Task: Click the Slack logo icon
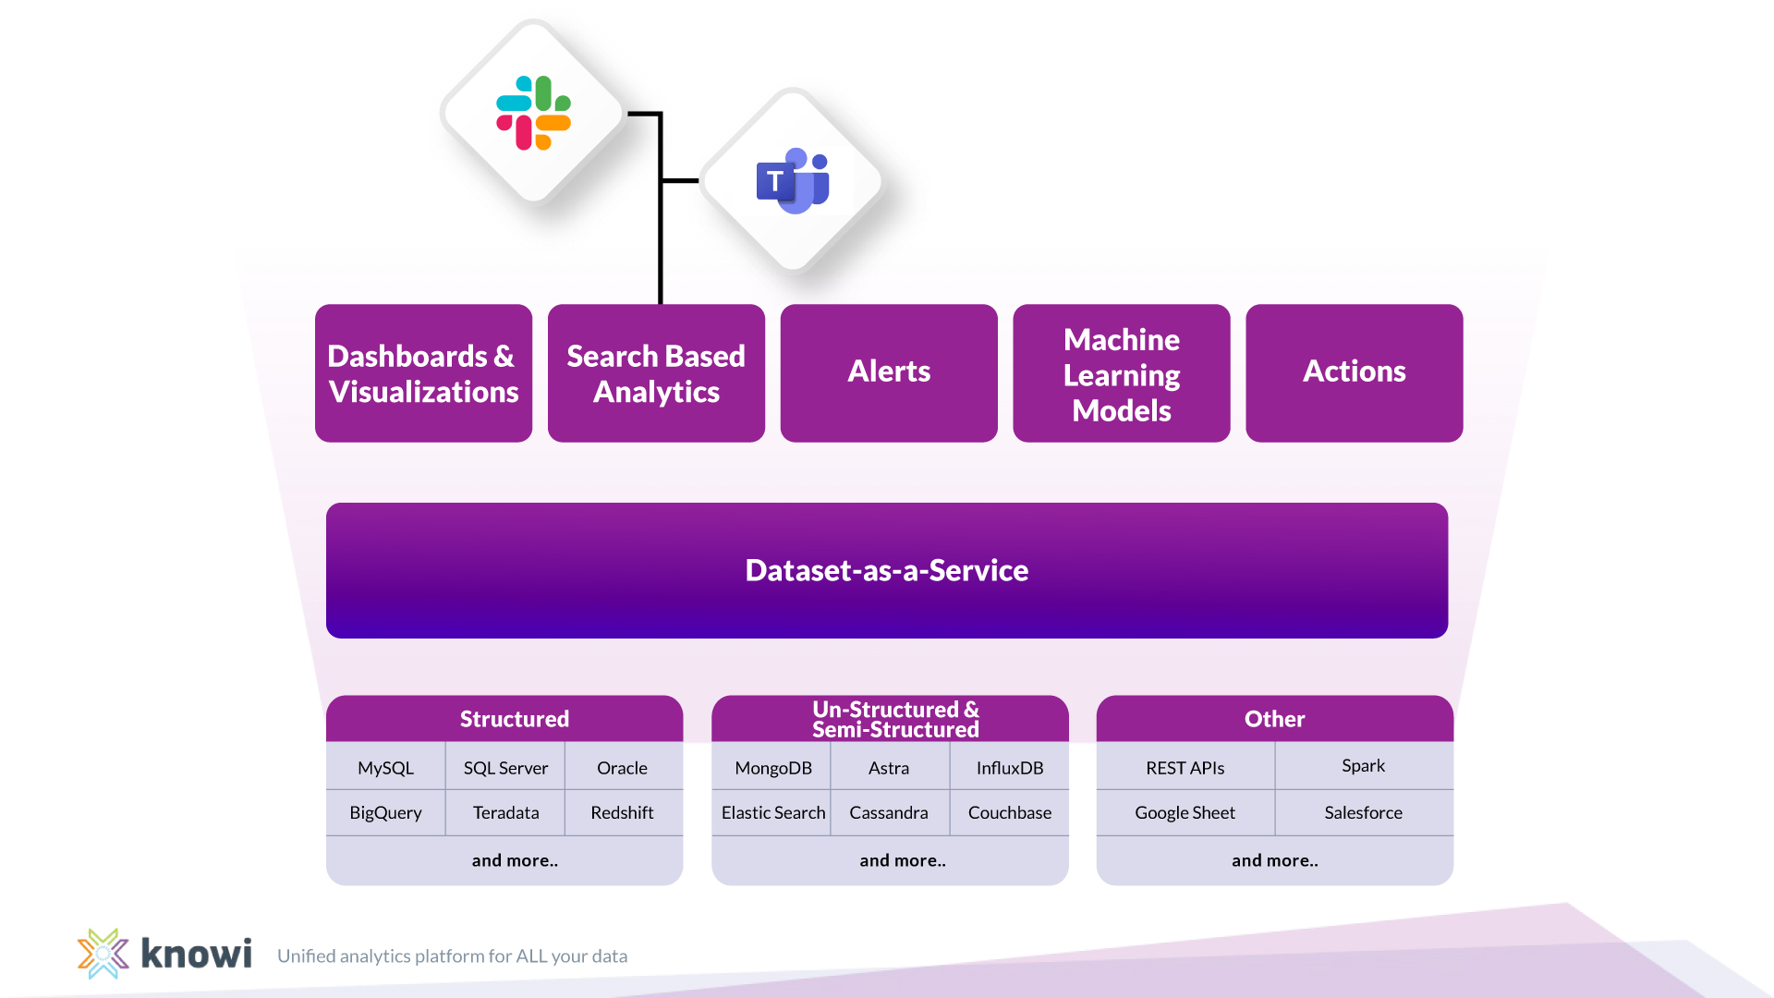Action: pyautogui.click(x=533, y=113)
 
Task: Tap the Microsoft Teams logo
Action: pyautogui.click(x=793, y=181)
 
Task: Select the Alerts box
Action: pyautogui.click(x=888, y=372)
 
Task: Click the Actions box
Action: pyautogui.click(x=1354, y=372)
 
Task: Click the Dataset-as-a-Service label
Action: pyautogui.click(x=887, y=570)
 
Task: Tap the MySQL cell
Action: pyautogui.click(x=385, y=768)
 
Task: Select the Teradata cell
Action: pyautogui.click(x=505, y=812)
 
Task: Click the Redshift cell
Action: pyautogui.click(x=622, y=812)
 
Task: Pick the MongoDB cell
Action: pyautogui.click(x=773, y=768)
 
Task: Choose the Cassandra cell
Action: pyautogui.click(x=888, y=812)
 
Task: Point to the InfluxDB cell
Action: pyautogui.click(x=1009, y=768)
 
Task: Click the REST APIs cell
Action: pyautogui.click(x=1185, y=768)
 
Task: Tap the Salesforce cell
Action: pyautogui.click(x=1363, y=812)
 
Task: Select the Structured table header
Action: pyautogui.click(x=514, y=719)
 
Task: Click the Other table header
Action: pyautogui.click(x=1274, y=719)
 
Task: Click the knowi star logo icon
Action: pyautogui.click(x=103, y=954)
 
